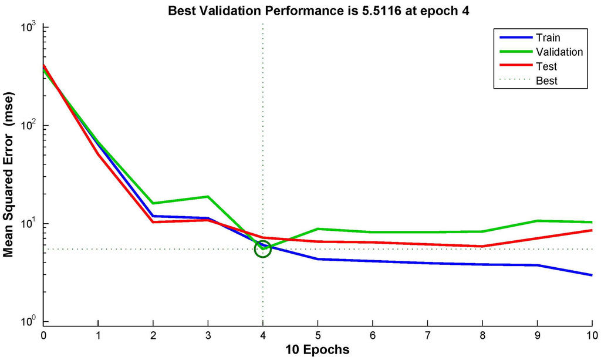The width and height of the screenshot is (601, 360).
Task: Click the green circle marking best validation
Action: [x=262, y=249]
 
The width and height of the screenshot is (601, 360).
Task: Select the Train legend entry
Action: [x=548, y=38]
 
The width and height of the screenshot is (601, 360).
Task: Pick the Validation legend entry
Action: [x=559, y=52]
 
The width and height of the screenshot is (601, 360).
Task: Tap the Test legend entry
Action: [x=546, y=66]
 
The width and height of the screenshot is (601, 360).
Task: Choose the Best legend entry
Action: [x=547, y=80]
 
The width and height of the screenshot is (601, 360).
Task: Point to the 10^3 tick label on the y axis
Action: [x=28, y=26]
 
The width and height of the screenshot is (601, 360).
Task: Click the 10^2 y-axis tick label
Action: [x=28, y=125]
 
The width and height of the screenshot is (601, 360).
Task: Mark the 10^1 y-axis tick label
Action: [x=28, y=223]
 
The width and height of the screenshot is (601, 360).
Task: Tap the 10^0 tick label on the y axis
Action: [x=28, y=321]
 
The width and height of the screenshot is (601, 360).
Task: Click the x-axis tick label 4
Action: [x=262, y=335]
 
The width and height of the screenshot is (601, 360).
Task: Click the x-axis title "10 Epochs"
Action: [x=318, y=350]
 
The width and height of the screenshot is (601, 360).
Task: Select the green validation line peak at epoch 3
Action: [x=208, y=197]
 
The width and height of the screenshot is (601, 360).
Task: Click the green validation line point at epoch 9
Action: [x=537, y=221]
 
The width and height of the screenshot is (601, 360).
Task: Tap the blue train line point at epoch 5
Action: [x=318, y=259]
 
